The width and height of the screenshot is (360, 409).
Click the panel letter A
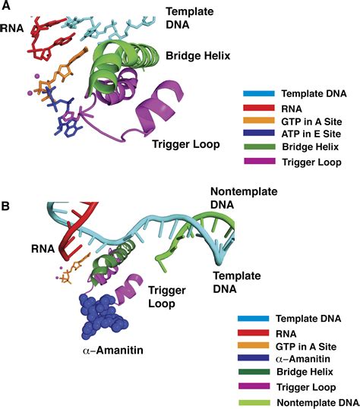click(6, 6)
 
